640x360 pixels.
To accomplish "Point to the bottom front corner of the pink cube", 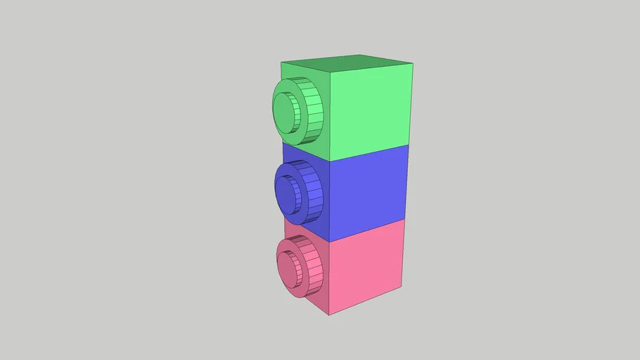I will click(x=329, y=314).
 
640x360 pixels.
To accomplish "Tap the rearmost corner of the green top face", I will click(x=361, y=55).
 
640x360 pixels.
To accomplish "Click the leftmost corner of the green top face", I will click(x=281, y=62).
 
